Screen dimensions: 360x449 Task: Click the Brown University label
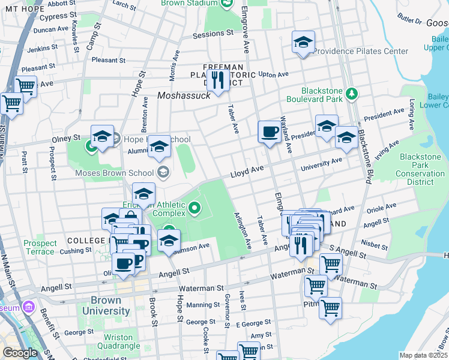(x=110, y=306)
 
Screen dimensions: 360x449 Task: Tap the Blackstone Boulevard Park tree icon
(x=352, y=94)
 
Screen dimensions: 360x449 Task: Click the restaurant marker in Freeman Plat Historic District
(x=218, y=80)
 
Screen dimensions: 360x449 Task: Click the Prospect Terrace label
(x=40, y=247)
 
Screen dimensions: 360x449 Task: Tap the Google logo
(x=20, y=353)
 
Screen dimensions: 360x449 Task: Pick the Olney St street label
(x=68, y=139)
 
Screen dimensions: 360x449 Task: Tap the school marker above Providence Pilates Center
(x=303, y=43)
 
